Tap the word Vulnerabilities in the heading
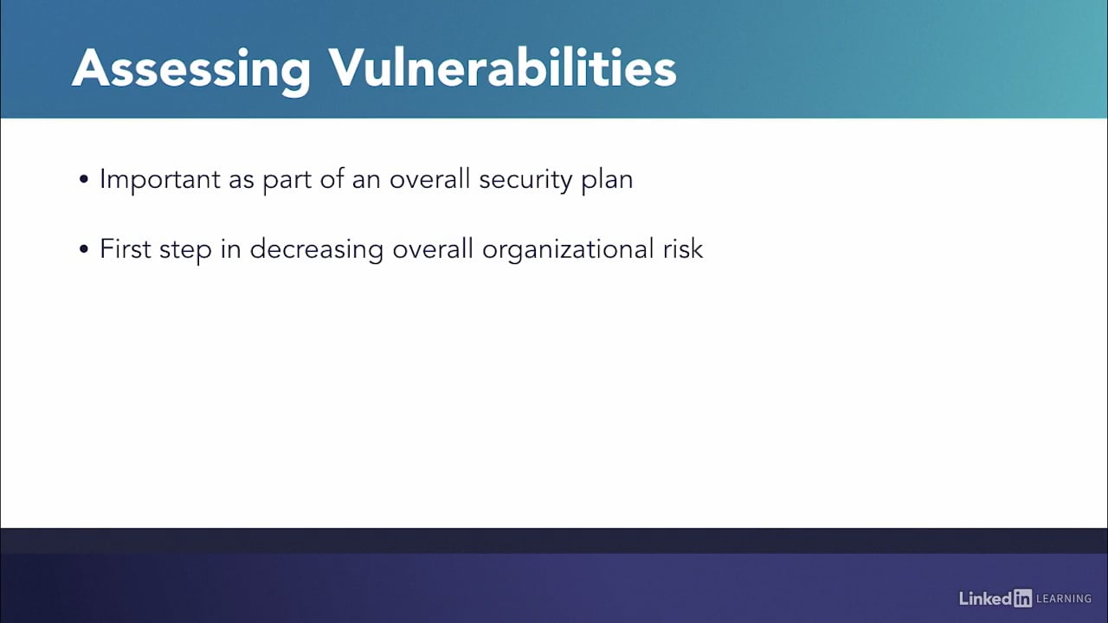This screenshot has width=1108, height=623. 501,67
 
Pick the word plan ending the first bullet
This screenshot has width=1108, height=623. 606,180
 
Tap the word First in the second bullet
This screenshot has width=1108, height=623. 125,249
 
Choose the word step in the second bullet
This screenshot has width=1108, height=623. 184,249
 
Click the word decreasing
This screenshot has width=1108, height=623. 316,249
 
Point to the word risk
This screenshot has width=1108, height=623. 682,249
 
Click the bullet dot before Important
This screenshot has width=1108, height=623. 84,181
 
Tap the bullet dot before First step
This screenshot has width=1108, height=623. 84,250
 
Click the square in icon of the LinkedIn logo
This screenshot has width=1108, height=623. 1022,598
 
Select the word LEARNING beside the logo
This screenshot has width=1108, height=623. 1064,599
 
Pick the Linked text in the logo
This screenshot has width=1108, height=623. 985,598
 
